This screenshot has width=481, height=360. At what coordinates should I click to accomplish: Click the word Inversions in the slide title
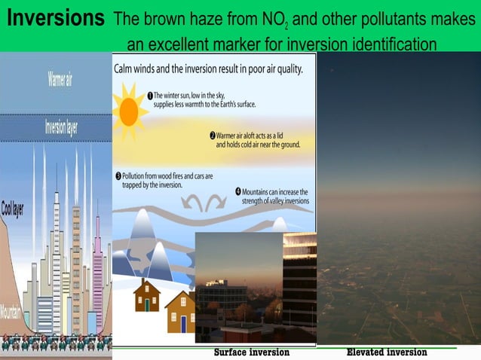[54, 18]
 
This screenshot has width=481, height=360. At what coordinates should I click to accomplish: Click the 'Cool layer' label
[12, 208]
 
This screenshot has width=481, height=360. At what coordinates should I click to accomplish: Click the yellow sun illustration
[130, 112]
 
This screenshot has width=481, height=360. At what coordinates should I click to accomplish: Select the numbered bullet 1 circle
[150, 96]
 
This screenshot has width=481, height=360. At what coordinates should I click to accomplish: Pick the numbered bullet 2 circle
[213, 136]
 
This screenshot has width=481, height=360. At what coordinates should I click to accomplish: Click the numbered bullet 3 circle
[118, 175]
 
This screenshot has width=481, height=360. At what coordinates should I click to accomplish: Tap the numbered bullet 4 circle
[238, 191]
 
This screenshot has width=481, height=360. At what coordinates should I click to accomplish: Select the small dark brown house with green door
[146, 294]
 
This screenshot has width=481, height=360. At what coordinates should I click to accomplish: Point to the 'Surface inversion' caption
[252, 352]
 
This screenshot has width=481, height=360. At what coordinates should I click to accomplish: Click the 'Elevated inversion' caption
[386, 352]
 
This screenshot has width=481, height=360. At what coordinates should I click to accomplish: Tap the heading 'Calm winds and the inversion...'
[208, 69]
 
